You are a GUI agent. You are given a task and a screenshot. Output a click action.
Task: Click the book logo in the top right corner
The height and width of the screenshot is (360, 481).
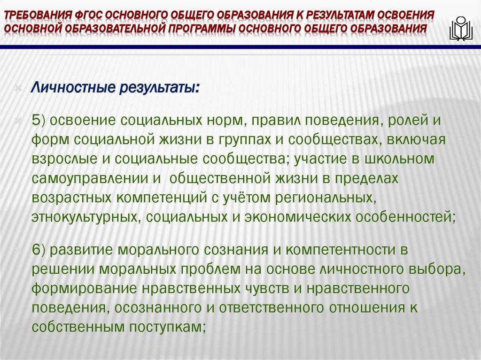[461, 29]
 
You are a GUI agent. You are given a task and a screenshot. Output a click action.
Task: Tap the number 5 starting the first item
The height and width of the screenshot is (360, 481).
[36, 120]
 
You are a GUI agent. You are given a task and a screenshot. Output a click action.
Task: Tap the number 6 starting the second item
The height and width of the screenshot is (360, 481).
[36, 250]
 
